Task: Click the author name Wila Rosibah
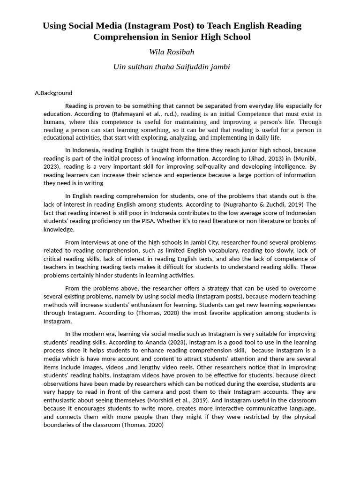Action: point(172,52)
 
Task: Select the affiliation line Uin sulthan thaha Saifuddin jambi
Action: point(172,67)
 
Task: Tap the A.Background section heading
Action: point(53,93)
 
